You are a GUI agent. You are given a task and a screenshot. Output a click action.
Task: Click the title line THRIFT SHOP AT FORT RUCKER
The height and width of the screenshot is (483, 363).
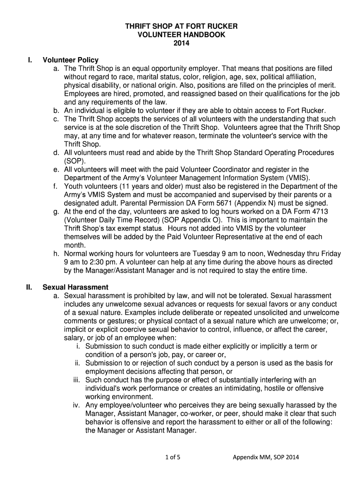click(x=181, y=26)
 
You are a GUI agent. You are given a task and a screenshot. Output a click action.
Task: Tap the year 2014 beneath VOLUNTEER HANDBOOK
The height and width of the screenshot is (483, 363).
click(x=181, y=43)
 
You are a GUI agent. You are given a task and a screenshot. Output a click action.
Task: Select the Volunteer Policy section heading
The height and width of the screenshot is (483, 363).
click(x=71, y=60)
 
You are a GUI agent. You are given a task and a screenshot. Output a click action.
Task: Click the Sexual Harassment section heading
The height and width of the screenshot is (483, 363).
click(x=75, y=287)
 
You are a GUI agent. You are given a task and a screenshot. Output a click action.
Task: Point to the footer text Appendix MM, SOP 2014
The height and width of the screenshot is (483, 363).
click(x=266, y=457)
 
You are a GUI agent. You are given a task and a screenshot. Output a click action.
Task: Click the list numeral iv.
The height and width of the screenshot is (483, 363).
click(x=76, y=405)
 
